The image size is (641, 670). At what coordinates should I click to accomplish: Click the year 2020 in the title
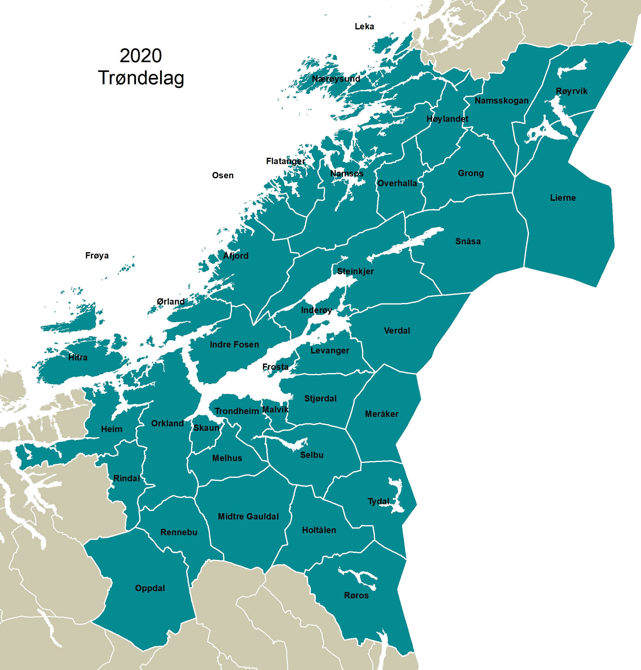(140, 56)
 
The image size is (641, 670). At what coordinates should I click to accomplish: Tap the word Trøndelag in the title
(141, 78)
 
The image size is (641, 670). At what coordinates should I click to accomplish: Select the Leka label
(364, 27)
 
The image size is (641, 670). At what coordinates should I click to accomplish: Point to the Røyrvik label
(571, 91)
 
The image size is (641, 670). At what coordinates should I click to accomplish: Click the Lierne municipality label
(563, 198)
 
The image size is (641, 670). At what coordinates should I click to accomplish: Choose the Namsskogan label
(502, 101)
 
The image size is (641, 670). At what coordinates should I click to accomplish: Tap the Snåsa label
(468, 241)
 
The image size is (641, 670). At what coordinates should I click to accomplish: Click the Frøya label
(97, 256)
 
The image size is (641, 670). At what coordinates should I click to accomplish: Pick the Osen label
(223, 175)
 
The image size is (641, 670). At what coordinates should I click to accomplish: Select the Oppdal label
(150, 588)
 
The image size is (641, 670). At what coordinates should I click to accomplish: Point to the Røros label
(356, 595)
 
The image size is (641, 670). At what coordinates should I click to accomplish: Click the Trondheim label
(236, 411)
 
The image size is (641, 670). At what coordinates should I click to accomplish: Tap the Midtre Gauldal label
(248, 516)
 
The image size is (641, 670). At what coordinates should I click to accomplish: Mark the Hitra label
(78, 357)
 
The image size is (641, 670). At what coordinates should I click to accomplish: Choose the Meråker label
(382, 414)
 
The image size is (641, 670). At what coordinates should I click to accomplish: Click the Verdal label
(397, 331)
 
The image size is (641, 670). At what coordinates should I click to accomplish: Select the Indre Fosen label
(234, 344)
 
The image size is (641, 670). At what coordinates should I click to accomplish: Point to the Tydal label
(378, 501)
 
